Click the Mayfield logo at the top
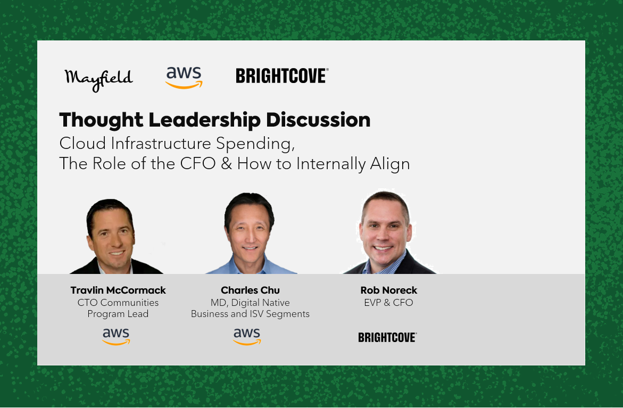(98, 79)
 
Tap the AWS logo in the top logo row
(184, 78)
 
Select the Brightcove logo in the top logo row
(282, 76)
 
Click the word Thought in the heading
(101, 120)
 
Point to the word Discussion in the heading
(318, 120)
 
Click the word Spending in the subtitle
(255, 144)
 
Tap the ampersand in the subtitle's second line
(227, 164)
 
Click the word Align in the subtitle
(390, 164)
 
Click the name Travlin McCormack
(118, 290)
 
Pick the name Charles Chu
(250, 290)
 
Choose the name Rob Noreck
(388, 290)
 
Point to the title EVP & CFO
(388, 303)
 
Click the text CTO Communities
(118, 303)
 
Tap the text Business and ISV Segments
(250, 314)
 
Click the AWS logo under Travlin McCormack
(116, 337)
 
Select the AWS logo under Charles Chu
(247, 337)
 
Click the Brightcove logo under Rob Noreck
(387, 338)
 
